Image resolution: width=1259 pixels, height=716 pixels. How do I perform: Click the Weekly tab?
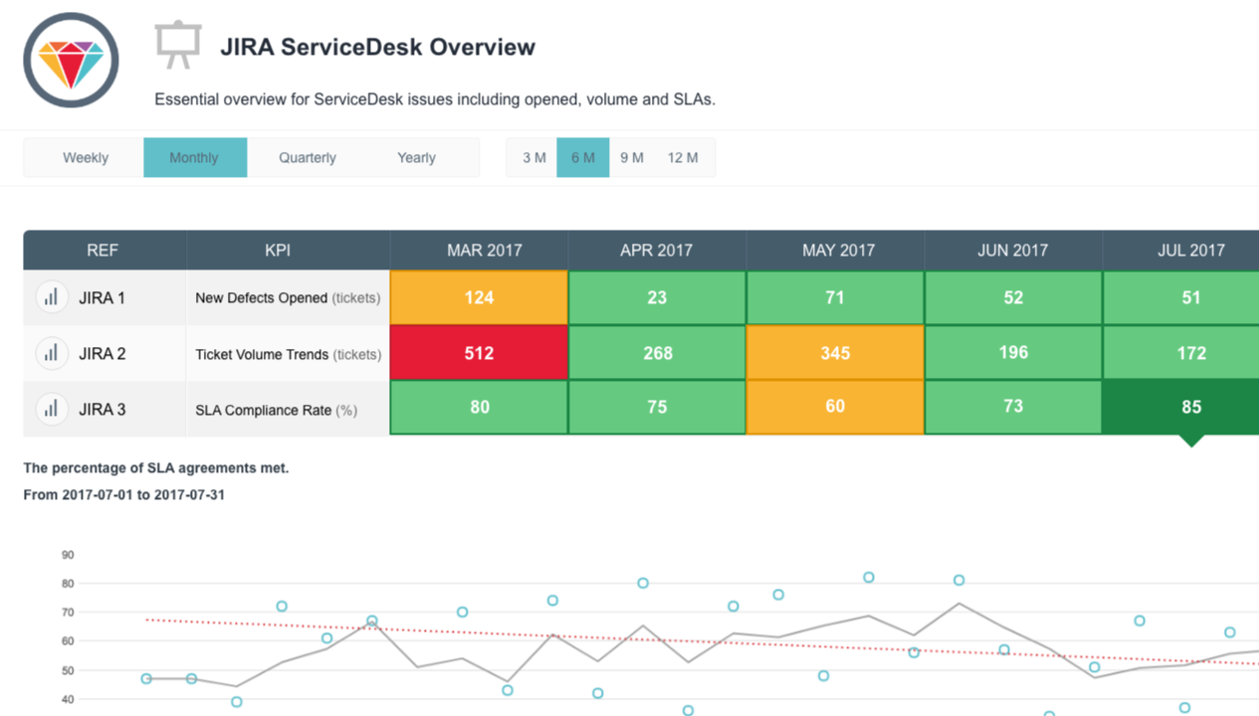(85, 158)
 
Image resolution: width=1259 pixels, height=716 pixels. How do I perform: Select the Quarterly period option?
(307, 158)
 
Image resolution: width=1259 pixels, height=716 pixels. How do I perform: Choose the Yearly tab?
(416, 158)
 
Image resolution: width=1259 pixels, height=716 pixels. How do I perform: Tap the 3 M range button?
(533, 158)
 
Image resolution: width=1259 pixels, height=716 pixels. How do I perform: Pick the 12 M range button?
(682, 158)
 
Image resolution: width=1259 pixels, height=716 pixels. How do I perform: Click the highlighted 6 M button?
(582, 158)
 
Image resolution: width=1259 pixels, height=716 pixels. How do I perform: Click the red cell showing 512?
(479, 353)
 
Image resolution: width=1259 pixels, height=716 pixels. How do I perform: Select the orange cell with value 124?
(479, 297)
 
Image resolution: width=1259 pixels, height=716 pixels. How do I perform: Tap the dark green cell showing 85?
(1189, 407)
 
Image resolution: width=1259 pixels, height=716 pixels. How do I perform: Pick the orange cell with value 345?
(835, 353)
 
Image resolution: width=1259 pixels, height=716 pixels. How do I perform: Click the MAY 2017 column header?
(837, 251)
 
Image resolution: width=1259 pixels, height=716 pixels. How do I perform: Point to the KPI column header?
(278, 251)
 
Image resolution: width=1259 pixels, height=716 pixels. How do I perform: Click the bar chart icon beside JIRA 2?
(51, 353)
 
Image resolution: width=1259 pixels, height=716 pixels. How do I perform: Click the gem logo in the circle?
(71, 61)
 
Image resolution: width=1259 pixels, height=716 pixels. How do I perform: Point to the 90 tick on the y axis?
(68, 555)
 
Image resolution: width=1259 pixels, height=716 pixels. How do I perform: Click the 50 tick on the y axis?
(68, 671)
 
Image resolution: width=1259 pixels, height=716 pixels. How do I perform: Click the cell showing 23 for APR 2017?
(657, 297)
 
